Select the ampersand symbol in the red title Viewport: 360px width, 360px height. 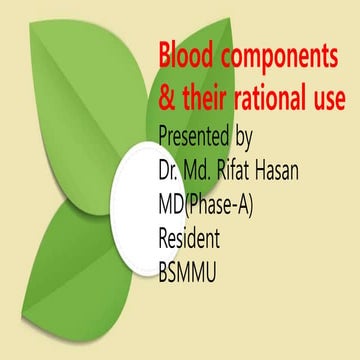tap(167, 100)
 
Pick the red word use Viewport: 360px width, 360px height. tap(331, 101)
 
